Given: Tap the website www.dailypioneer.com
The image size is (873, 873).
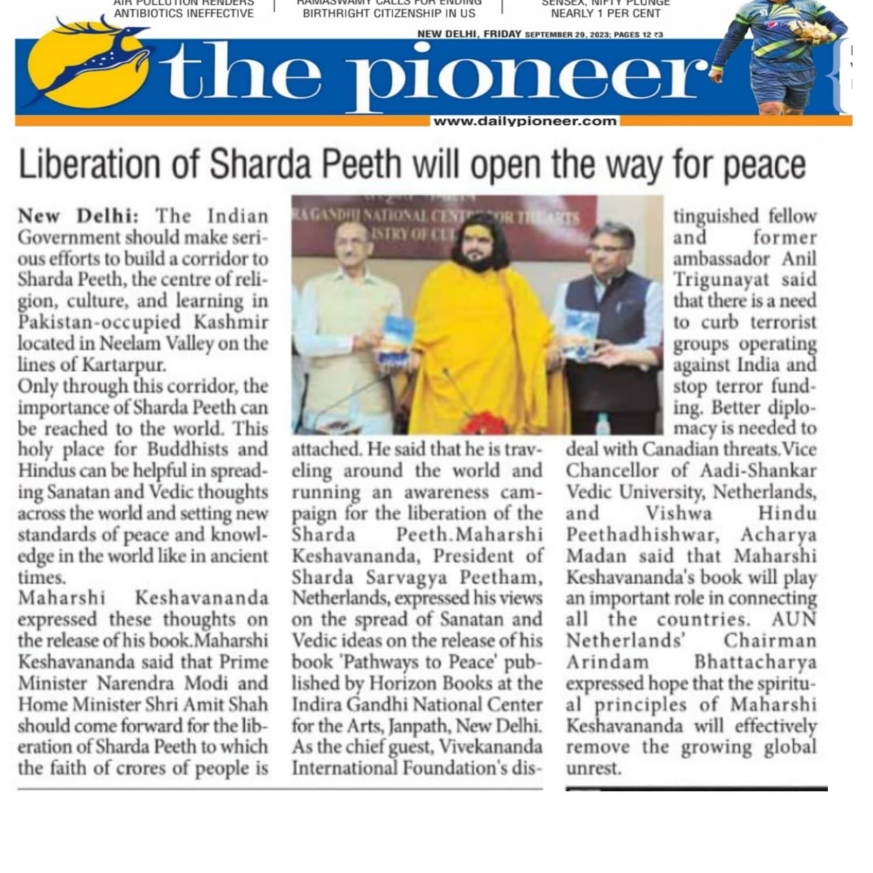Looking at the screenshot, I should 524,121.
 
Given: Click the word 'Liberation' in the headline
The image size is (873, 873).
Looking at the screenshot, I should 93,164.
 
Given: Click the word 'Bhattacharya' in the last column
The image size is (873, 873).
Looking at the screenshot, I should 755,662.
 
